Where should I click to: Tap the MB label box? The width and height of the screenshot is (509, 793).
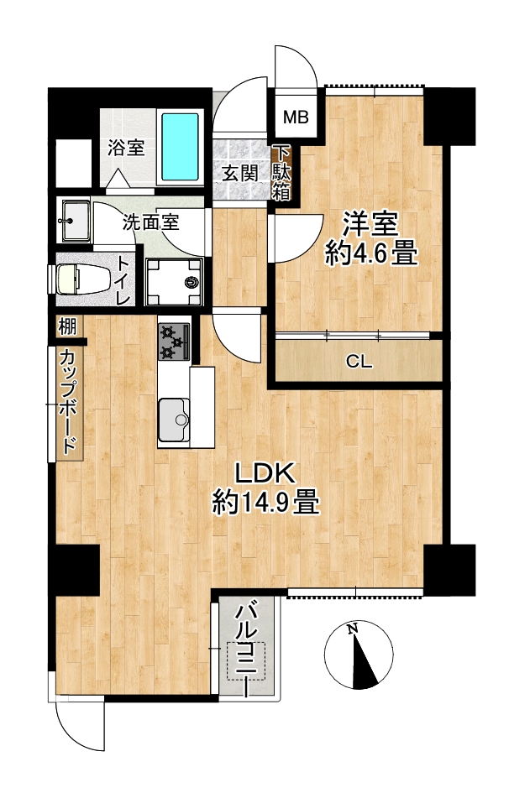point(296,117)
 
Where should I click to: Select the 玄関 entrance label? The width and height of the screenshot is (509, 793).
point(241,174)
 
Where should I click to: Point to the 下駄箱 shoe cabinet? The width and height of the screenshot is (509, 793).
point(282,173)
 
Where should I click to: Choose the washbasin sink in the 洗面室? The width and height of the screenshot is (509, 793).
point(76,221)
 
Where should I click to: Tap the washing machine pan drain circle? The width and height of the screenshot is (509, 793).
point(192,282)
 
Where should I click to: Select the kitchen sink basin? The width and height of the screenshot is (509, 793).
point(174,420)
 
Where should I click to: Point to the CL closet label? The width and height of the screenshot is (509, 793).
point(359,363)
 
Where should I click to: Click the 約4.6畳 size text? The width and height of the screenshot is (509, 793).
point(371,253)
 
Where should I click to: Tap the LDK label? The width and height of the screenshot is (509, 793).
point(264,474)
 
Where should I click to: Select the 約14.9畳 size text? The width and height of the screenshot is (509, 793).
point(265,502)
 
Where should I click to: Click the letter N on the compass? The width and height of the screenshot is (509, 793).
point(353,629)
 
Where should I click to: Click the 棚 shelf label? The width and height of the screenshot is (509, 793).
point(67,326)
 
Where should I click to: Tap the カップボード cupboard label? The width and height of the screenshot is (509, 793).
point(68,402)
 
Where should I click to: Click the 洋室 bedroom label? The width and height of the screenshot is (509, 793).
point(371,224)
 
